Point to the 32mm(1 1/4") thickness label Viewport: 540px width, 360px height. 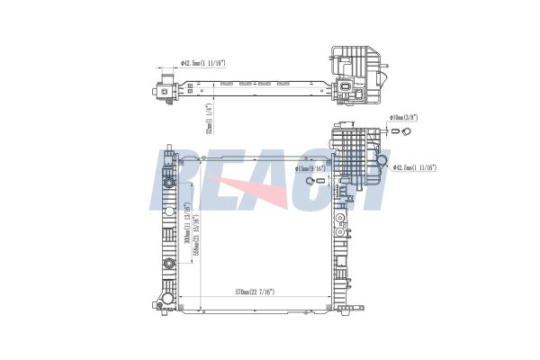click(x=209, y=118)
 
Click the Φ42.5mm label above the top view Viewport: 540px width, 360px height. click(x=202, y=64)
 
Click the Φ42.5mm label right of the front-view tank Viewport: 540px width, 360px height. click(x=416, y=167)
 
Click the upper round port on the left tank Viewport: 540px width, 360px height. click(x=168, y=182)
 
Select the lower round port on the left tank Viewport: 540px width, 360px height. click(x=168, y=264)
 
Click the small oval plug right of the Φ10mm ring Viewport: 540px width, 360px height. click(x=391, y=132)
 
